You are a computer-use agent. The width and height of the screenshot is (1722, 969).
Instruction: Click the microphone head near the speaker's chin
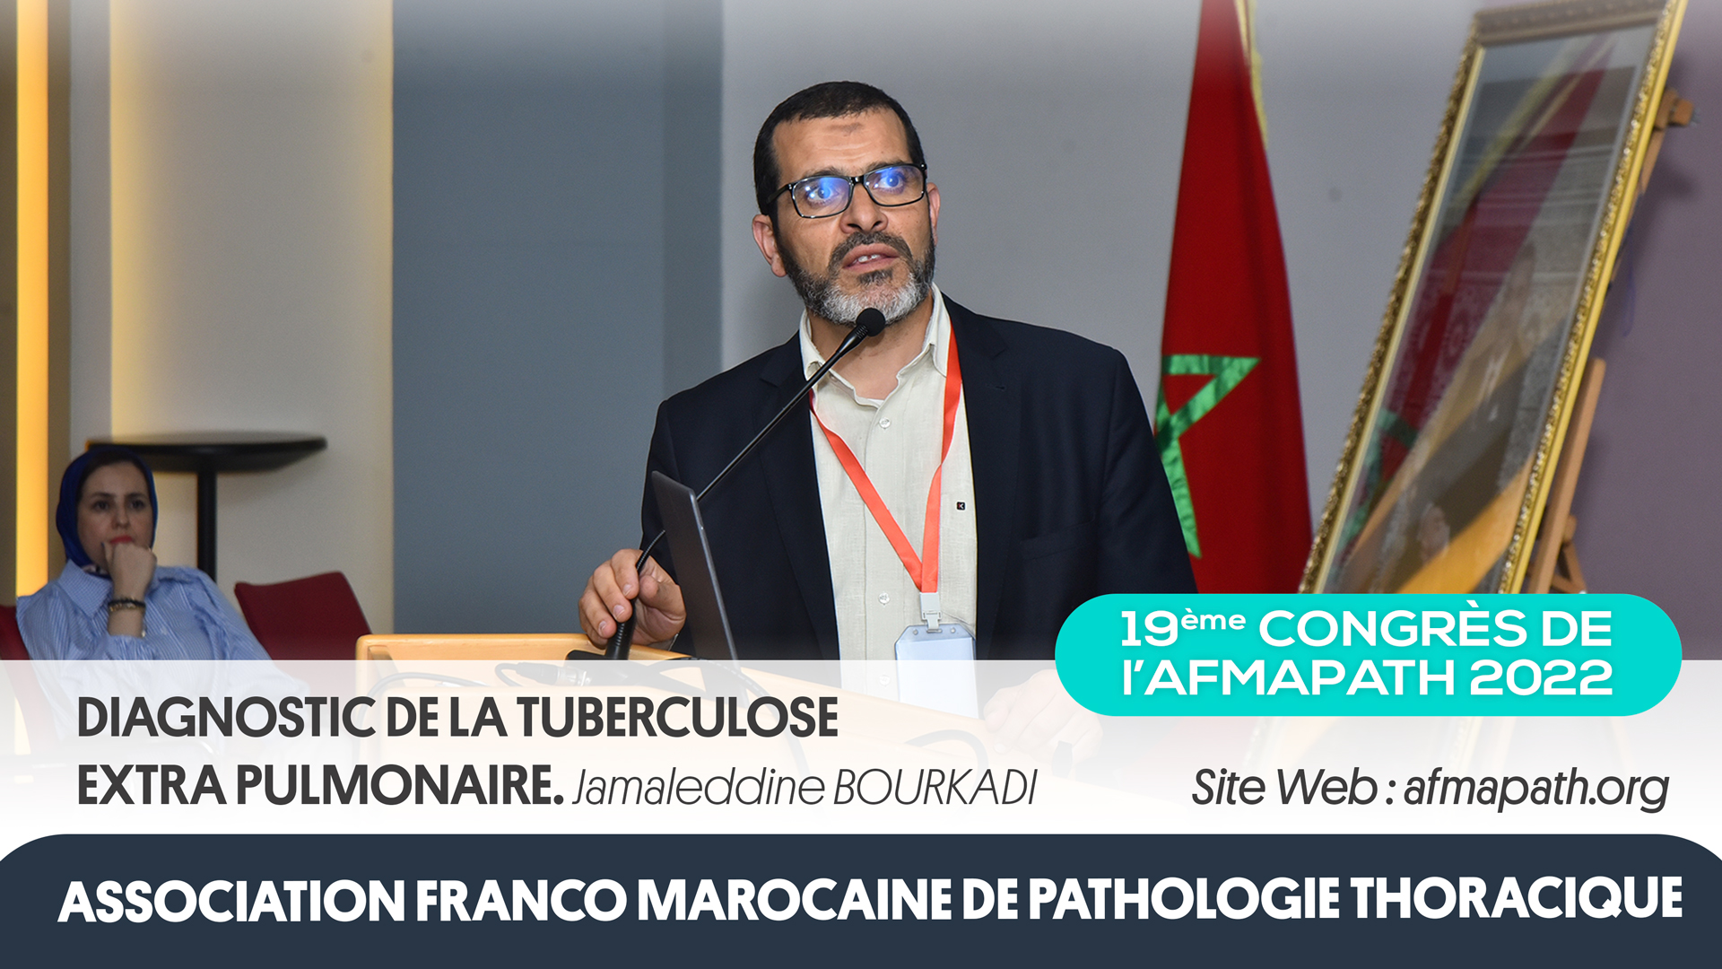point(869,321)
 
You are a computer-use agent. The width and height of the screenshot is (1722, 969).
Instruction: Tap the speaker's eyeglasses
point(847,189)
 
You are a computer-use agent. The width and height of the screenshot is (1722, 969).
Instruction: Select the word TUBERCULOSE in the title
point(677,718)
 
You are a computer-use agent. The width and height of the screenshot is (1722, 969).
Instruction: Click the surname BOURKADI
point(935,788)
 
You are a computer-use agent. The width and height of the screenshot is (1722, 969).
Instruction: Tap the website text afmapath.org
point(1535,788)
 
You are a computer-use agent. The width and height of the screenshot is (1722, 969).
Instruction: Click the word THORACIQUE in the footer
point(1517,899)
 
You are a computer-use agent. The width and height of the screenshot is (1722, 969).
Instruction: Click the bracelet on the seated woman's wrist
point(126,604)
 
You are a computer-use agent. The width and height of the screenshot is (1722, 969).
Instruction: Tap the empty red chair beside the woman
point(300,610)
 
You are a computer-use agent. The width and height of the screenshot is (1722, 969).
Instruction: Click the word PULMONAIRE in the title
point(399,786)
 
